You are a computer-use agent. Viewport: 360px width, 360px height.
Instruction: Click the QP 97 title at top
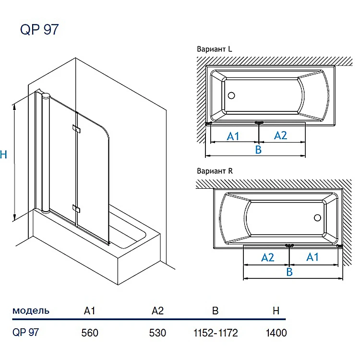[39, 30]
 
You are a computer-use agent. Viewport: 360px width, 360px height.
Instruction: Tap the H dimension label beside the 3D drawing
[4, 155]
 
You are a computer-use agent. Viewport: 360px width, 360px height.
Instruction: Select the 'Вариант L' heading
[215, 49]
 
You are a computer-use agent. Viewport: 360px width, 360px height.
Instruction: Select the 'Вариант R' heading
[215, 171]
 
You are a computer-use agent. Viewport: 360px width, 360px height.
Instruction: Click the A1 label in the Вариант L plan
[233, 136]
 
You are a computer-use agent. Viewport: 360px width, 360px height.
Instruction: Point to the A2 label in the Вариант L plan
[280, 135]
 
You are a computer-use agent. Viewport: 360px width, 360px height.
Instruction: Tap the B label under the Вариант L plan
[258, 150]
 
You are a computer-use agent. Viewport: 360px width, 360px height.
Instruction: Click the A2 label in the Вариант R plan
[268, 258]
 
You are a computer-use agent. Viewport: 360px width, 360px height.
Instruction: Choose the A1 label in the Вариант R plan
[312, 257]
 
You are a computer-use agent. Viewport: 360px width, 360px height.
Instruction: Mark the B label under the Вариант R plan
[289, 272]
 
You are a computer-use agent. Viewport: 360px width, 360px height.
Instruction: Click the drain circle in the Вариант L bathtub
[231, 95]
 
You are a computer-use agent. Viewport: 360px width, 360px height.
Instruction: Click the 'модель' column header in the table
[31, 311]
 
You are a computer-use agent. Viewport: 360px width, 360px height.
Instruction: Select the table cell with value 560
[90, 333]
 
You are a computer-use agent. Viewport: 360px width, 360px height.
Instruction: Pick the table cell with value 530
[158, 333]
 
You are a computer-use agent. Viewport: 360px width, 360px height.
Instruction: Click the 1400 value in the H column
[276, 333]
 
